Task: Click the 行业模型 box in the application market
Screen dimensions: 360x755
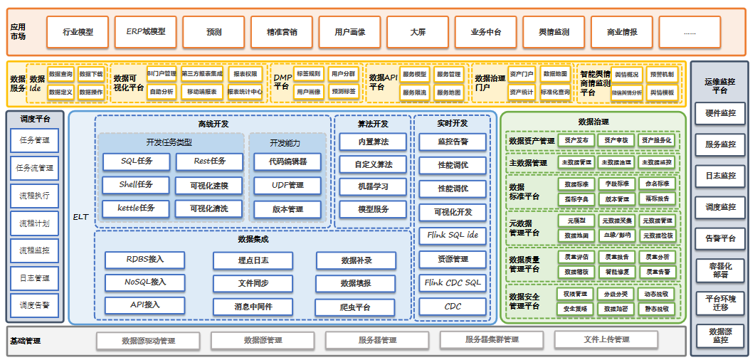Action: tap(78, 32)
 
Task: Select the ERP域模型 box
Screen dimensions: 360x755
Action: tap(146, 32)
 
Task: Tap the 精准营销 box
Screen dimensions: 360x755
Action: tap(282, 32)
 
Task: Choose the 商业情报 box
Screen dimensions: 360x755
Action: tap(622, 32)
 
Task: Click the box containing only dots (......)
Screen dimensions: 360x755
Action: tap(690, 32)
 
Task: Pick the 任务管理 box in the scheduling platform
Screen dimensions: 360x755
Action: tap(35, 140)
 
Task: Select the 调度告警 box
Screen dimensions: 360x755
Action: tap(35, 305)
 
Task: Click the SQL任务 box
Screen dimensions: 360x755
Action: tap(137, 162)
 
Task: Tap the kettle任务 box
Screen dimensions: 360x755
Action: tap(137, 208)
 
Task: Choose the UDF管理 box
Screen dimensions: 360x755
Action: tap(287, 186)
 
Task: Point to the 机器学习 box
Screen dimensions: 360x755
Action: tap(373, 187)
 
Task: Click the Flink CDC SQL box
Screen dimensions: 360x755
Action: tap(453, 283)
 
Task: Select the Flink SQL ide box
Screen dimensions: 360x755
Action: tap(453, 235)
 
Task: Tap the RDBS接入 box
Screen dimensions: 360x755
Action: tap(144, 259)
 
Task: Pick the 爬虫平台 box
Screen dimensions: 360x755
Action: tap(355, 307)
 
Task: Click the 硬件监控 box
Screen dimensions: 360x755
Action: tap(720, 113)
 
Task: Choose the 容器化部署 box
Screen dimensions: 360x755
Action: tap(720, 270)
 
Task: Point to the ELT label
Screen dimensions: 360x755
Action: tap(80, 216)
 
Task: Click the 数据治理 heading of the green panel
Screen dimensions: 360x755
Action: tap(593, 122)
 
